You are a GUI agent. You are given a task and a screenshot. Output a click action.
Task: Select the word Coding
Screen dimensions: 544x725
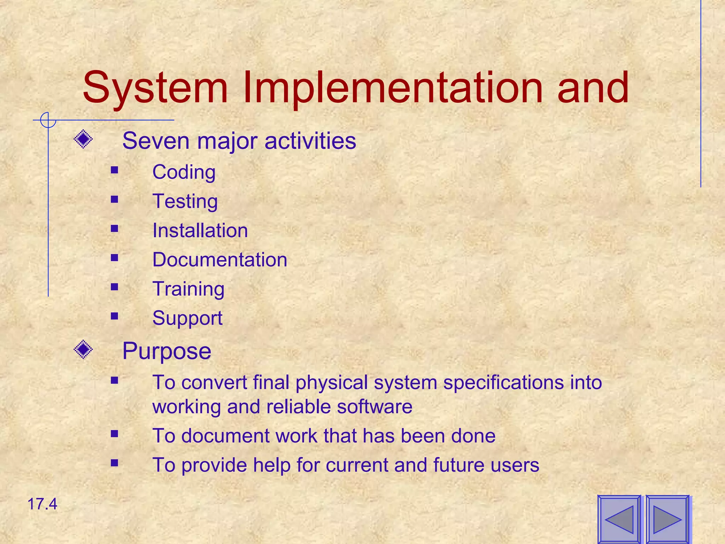pyautogui.click(x=184, y=172)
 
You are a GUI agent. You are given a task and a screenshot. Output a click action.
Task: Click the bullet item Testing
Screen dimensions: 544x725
pyautogui.click(x=185, y=202)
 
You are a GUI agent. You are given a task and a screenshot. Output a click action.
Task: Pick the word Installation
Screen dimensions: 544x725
pyautogui.click(x=200, y=231)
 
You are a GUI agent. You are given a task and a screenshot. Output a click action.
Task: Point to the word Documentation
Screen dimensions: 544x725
pyautogui.click(x=219, y=260)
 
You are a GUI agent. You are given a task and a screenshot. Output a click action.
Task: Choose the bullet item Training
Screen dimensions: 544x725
pyautogui.click(x=188, y=289)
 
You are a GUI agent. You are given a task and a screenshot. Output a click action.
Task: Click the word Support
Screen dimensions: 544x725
pyautogui.click(x=187, y=318)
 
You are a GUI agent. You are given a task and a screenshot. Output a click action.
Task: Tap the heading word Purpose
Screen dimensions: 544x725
pyautogui.click(x=167, y=351)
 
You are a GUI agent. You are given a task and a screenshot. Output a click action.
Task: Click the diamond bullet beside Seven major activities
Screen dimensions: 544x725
pyautogui.click(x=84, y=139)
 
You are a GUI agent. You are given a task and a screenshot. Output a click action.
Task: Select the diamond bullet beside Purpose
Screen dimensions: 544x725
pyautogui.click(x=84, y=350)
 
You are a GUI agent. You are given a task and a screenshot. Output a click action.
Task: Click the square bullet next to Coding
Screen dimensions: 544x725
pyautogui.click(x=114, y=170)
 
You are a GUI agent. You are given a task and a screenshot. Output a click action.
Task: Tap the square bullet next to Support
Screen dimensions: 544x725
pyautogui.click(x=114, y=316)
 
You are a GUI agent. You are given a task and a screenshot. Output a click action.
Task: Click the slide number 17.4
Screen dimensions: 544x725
pyautogui.click(x=42, y=504)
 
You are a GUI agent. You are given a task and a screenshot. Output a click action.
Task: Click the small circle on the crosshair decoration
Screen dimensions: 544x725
pyautogui.click(x=48, y=120)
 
